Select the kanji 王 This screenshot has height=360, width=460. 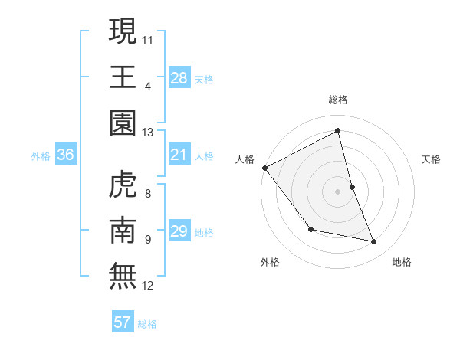click(123, 77)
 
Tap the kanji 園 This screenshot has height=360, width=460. click(123, 123)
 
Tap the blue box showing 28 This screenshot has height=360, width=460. click(179, 77)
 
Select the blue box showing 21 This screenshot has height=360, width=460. click(179, 155)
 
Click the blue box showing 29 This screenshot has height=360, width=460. click(179, 231)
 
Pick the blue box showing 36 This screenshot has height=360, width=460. click(65, 155)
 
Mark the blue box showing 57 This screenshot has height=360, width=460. click(123, 322)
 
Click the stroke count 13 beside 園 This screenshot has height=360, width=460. click(147, 133)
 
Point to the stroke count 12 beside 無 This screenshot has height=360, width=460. click(147, 286)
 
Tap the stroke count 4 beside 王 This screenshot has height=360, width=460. click(147, 87)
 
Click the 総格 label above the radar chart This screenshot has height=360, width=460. click(337, 100)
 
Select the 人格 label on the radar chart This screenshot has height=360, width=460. click(245, 159)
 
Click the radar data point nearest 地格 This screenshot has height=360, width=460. click(374, 241)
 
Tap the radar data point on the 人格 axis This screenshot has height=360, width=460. click(264, 167)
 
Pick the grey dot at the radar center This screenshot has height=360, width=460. click(337, 191)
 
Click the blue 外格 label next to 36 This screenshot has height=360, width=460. click(41, 156)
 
